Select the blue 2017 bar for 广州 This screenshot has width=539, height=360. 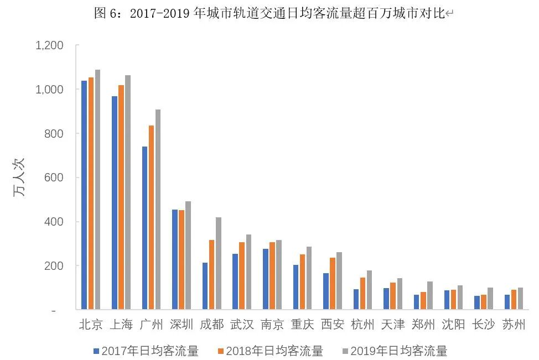pyautogui.click(x=144, y=228)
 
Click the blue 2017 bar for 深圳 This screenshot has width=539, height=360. pyautogui.click(x=175, y=259)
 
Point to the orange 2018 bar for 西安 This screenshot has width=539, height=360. pyautogui.click(x=332, y=283)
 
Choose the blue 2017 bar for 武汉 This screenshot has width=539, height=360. pyautogui.click(x=235, y=281)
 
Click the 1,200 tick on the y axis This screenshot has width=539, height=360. pyautogui.click(x=50, y=45)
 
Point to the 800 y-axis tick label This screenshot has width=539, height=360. pyautogui.click(x=54, y=134)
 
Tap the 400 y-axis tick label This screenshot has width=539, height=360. pyautogui.click(x=54, y=222)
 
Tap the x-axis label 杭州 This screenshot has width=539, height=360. pyautogui.click(x=363, y=325)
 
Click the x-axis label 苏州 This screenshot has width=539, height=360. pyautogui.click(x=513, y=325)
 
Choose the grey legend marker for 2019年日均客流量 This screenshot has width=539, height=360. pyautogui.click(x=345, y=351)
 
